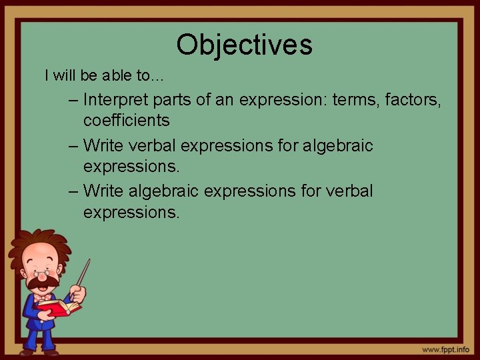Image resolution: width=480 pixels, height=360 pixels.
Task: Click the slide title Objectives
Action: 244,45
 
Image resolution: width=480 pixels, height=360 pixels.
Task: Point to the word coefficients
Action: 126,121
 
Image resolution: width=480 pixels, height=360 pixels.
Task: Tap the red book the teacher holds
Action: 59,307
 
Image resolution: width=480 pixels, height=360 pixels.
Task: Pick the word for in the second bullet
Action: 284,145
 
